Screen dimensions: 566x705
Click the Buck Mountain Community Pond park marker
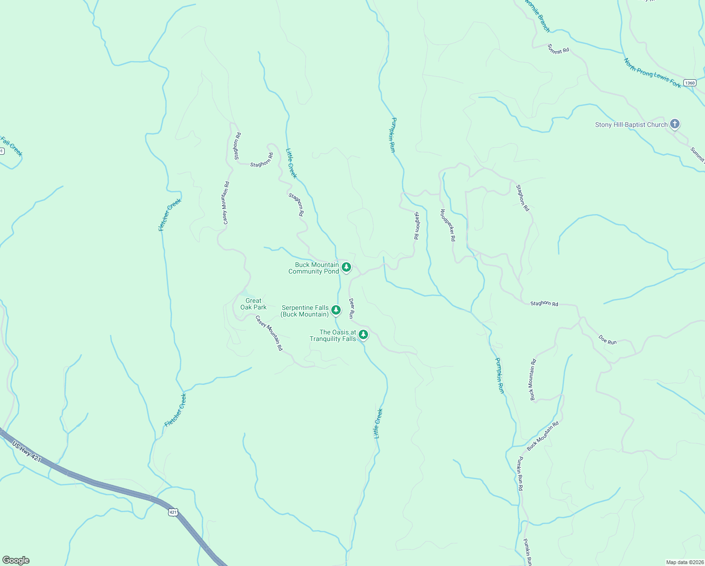tap(346, 267)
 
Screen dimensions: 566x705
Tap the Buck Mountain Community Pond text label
tap(314, 268)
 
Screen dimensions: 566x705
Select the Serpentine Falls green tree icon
tap(336, 310)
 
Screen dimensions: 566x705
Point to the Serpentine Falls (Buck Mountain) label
tap(305, 311)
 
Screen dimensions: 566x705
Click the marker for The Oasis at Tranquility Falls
tap(363, 334)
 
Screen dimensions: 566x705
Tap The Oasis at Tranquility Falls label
tap(333, 335)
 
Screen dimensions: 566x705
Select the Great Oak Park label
tap(254, 304)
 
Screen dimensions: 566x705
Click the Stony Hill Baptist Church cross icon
tap(675, 124)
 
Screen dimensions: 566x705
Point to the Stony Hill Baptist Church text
tap(631, 125)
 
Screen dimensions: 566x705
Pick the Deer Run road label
tap(352, 308)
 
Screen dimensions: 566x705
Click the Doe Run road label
tap(607, 339)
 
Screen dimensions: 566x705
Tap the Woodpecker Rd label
tap(448, 225)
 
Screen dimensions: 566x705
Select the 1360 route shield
tap(689, 83)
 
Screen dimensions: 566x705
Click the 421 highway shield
tap(173, 512)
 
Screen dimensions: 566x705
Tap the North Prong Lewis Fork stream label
tap(652, 73)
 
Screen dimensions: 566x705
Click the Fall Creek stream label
tap(11, 146)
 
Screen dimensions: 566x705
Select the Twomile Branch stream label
tap(537, 16)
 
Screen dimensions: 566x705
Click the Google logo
tap(16, 560)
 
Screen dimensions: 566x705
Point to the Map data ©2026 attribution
tap(684, 562)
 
